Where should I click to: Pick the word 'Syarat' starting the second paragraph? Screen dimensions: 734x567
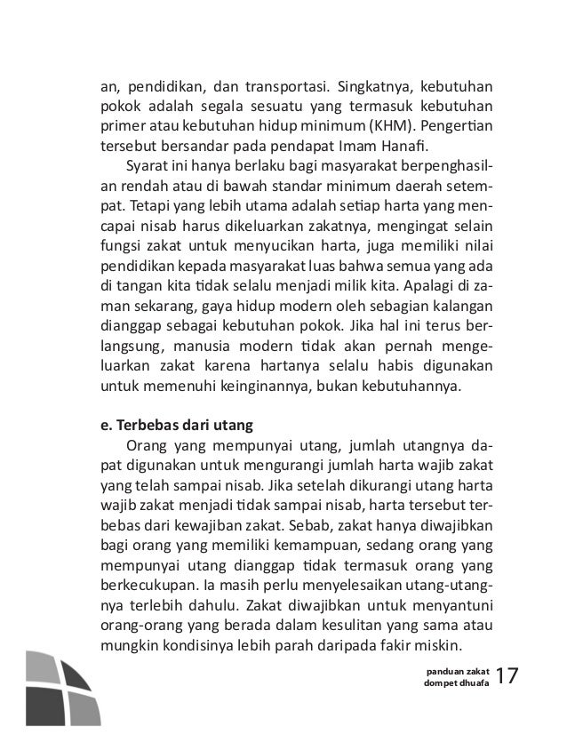click(x=146, y=166)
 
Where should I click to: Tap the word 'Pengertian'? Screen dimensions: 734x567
click(x=463, y=125)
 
